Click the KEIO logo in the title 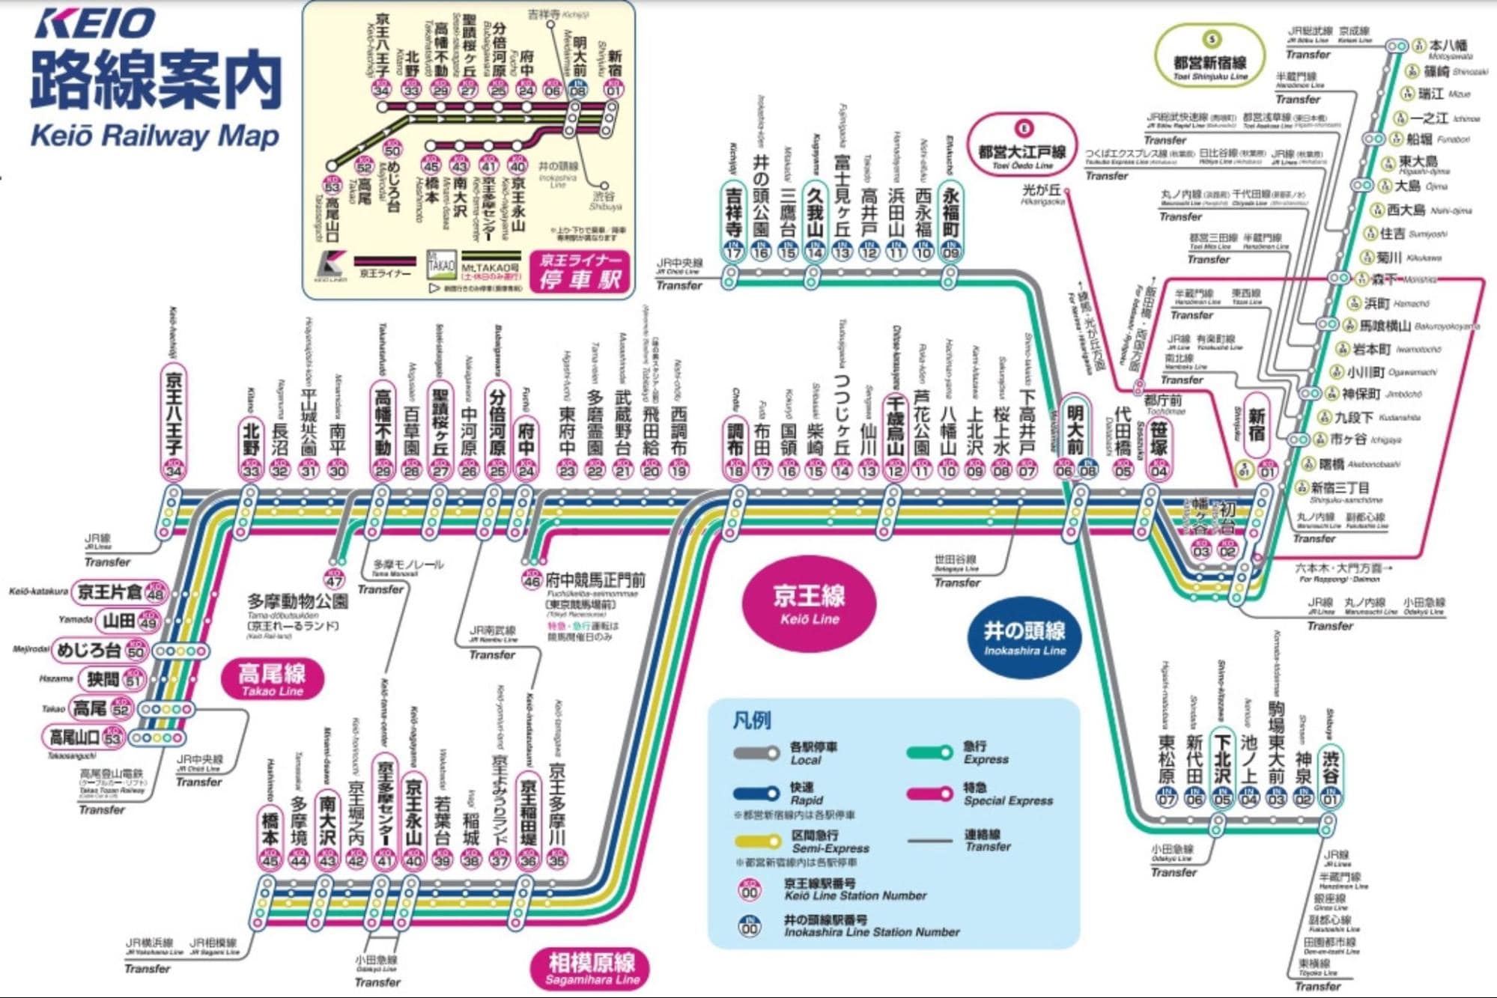pyautogui.click(x=95, y=24)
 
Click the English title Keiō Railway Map pyautogui.click(x=154, y=136)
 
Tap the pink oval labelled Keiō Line pyautogui.click(x=809, y=605)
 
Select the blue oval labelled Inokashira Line pyautogui.click(x=1024, y=639)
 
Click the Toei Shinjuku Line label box pyautogui.click(x=1209, y=58)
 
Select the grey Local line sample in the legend pyautogui.click(x=756, y=754)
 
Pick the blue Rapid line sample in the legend pyautogui.click(x=756, y=794)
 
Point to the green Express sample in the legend pyautogui.click(x=929, y=752)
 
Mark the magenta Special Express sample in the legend pyautogui.click(x=929, y=794)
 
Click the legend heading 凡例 pyautogui.click(x=751, y=720)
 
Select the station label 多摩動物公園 pyautogui.click(x=297, y=602)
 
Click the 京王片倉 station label pyautogui.click(x=110, y=592)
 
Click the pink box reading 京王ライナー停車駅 pyautogui.click(x=580, y=271)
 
